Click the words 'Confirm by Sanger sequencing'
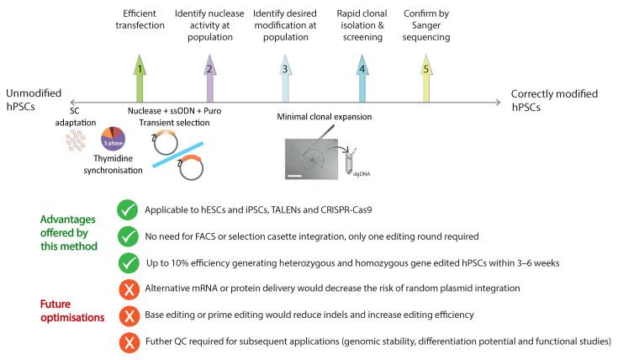point(425,27)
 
